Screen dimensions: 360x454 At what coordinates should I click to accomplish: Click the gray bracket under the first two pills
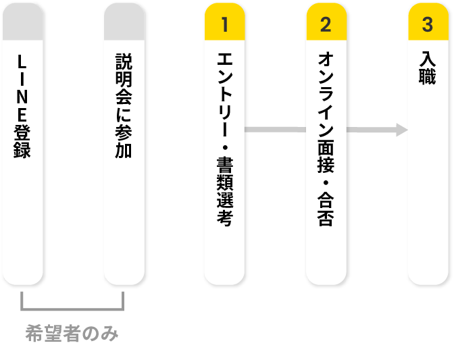click(72, 308)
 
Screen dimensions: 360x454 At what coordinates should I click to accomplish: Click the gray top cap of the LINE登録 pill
click(22, 26)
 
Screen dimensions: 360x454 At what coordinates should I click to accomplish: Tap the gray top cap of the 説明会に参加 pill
click(124, 26)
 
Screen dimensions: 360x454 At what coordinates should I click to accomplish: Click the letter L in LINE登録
click(22, 61)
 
